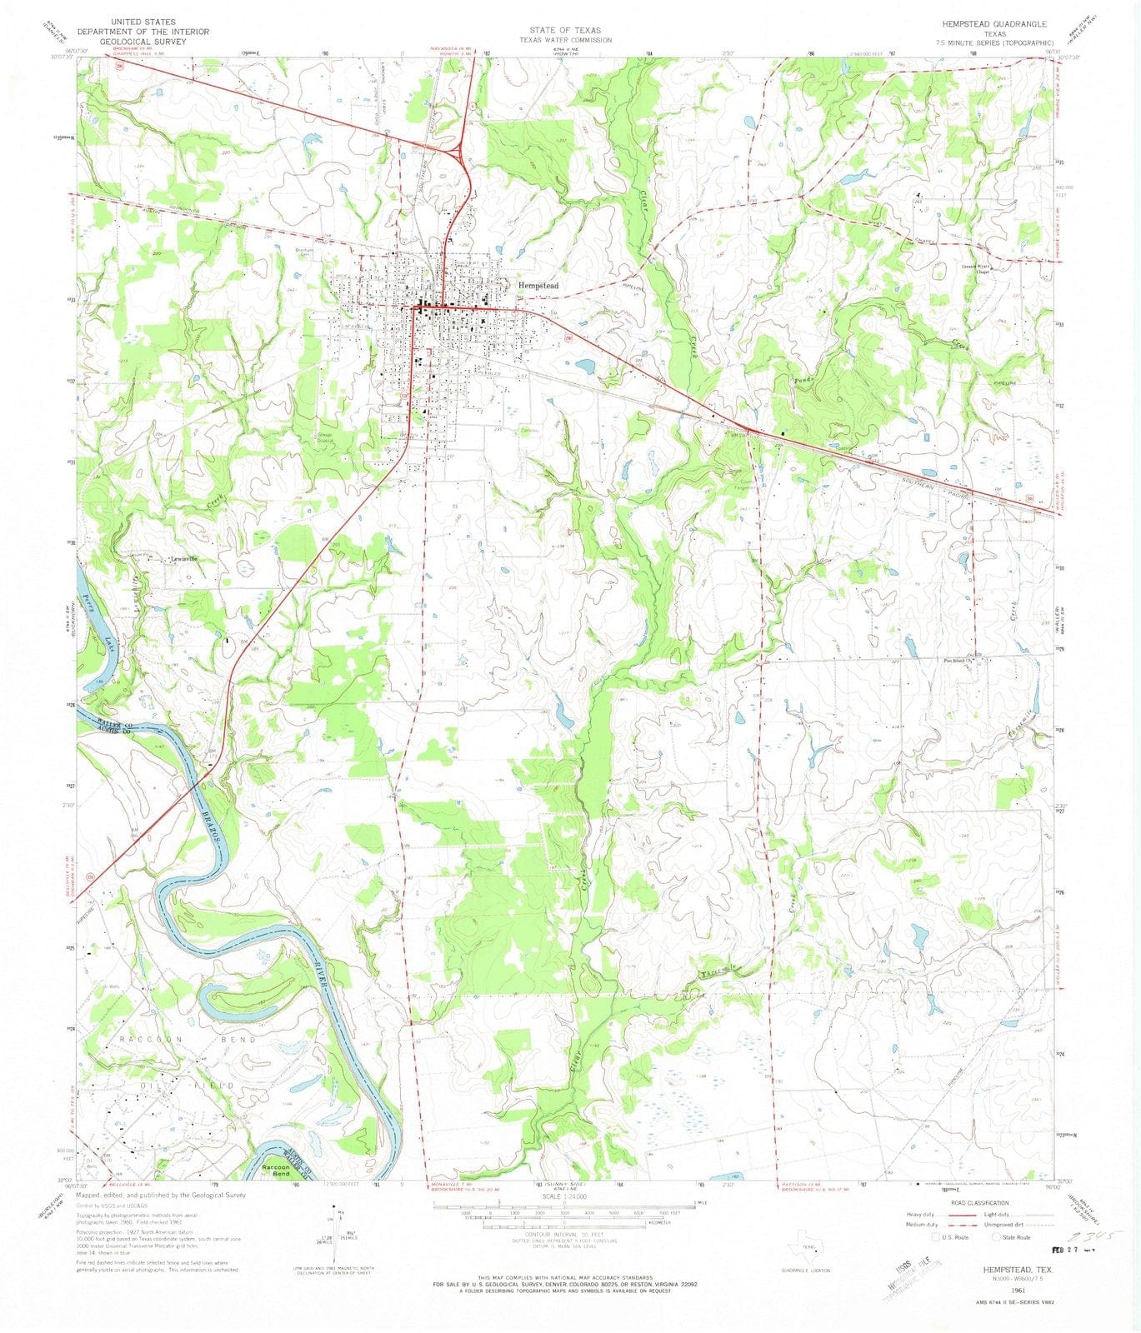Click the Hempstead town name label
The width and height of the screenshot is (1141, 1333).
click(538, 285)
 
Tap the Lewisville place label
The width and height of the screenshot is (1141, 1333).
click(184, 559)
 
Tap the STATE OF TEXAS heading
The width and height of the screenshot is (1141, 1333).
click(564, 30)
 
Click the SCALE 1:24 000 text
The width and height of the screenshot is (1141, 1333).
click(564, 1197)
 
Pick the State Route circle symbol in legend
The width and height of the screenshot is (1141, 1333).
click(997, 1237)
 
